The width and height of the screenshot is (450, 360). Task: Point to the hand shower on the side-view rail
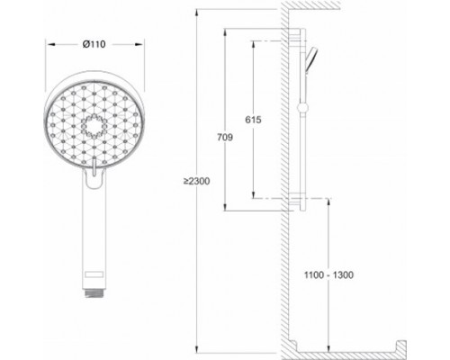click(310, 58)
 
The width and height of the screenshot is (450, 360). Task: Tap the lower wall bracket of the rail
click(301, 200)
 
